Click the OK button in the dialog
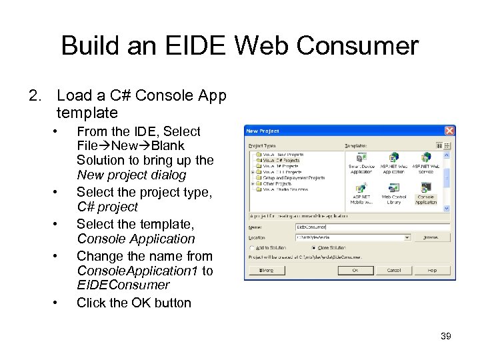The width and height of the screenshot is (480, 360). coord(355,270)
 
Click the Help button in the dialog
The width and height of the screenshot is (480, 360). coord(432,270)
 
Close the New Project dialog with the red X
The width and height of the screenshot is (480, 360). coord(449,131)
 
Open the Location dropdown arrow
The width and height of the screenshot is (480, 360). coord(407,237)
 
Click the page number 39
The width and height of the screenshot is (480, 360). coord(446,336)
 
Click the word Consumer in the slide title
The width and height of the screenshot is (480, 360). coord(357,46)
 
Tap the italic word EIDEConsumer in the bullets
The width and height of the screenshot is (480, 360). coord(123,285)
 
